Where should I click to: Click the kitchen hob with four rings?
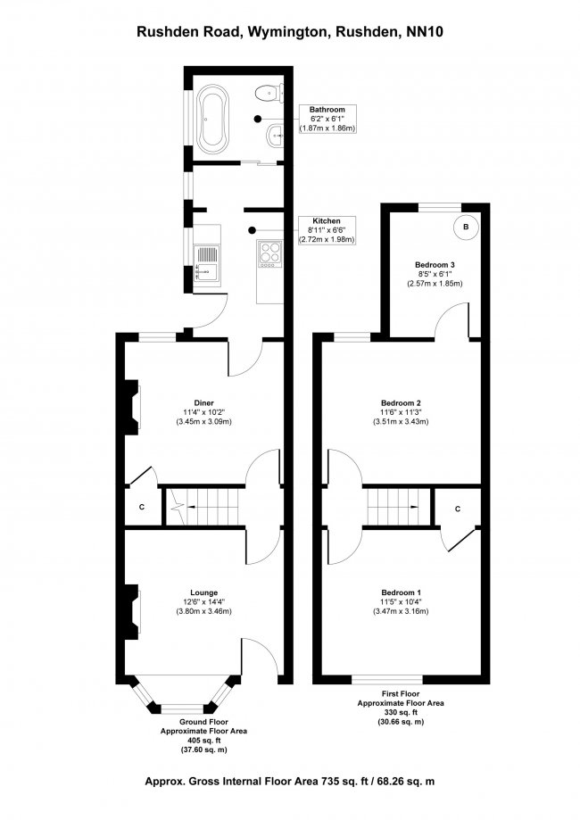click(x=269, y=253)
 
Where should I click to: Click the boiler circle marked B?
click(x=466, y=228)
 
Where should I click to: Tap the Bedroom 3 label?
click(x=435, y=265)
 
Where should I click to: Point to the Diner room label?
click(x=203, y=402)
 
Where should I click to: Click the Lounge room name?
click(x=203, y=592)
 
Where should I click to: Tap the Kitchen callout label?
click(x=327, y=221)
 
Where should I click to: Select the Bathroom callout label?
click(x=327, y=110)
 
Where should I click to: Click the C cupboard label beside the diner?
click(x=141, y=508)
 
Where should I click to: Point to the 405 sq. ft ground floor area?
click(x=203, y=741)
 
